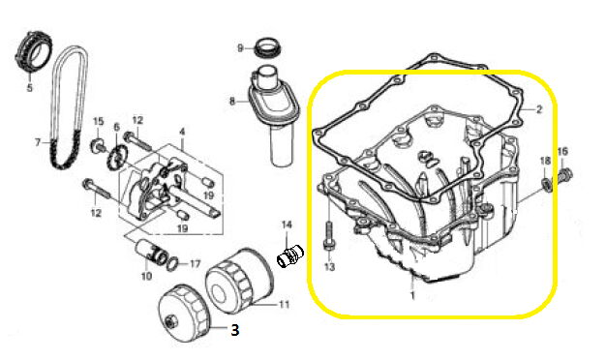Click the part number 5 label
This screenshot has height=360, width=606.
tap(30, 88)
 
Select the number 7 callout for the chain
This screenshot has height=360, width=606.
tap(38, 143)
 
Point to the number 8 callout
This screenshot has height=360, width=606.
tap(232, 102)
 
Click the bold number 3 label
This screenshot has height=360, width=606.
tap(234, 330)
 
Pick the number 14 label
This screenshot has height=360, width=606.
tap(287, 225)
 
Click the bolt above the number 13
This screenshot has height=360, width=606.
tap(329, 235)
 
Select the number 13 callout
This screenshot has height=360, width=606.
tap(329, 266)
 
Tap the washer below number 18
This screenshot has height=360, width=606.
tap(547, 184)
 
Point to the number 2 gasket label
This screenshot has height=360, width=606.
tap(539, 109)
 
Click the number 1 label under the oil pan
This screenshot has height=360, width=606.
tap(412, 296)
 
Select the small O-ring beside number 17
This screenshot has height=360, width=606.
tap(173, 263)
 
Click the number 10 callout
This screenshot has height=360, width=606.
tap(146, 276)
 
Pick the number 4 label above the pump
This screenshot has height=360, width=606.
tap(182, 133)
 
